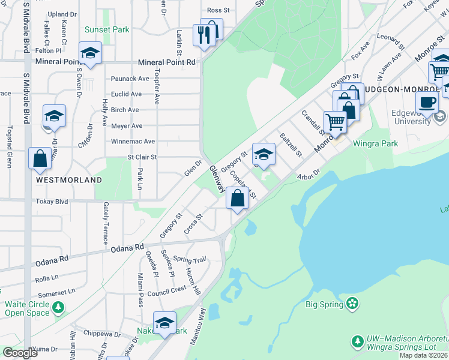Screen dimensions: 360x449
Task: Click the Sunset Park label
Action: click(x=107, y=29)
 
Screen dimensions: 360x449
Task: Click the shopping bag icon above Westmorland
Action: click(x=40, y=159)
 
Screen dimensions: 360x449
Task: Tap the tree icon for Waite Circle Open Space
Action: click(x=58, y=308)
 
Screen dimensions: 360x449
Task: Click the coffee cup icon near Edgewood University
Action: click(x=427, y=102)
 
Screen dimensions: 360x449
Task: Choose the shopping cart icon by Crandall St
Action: click(x=335, y=122)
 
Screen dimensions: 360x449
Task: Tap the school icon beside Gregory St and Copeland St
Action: click(x=263, y=154)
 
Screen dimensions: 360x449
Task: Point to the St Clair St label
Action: click(x=142, y=157)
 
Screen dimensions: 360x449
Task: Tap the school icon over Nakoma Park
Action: click(x=164, y=322)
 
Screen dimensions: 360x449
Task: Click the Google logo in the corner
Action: click(x=20, y=353)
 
